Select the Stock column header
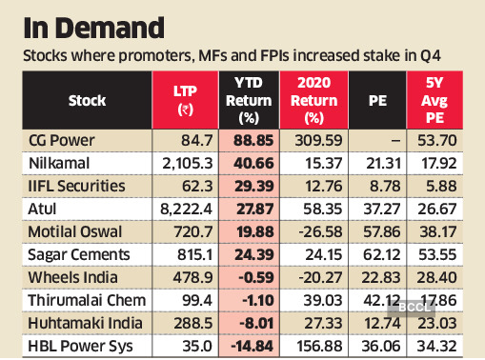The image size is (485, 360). [89, 101]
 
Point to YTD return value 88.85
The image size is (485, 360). [253, 141]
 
